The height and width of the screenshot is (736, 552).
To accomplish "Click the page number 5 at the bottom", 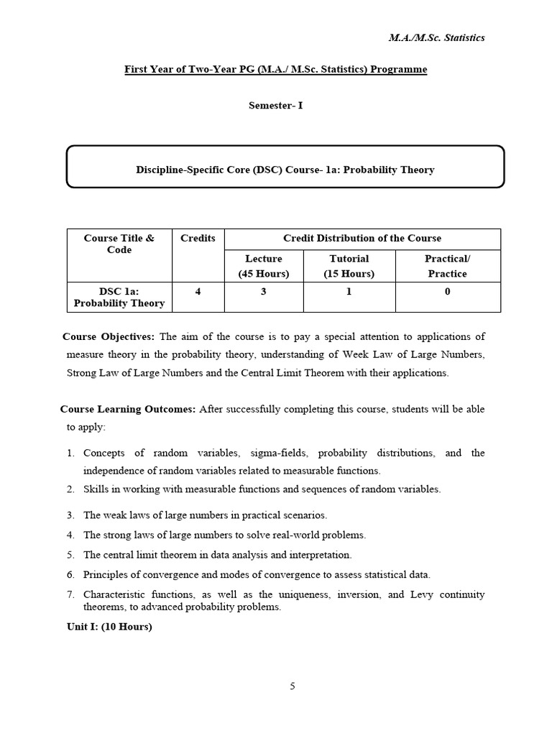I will pos(292,686).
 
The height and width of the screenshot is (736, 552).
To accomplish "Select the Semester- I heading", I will pos(275,105).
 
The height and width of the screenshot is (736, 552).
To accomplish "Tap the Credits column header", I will pos(198,239).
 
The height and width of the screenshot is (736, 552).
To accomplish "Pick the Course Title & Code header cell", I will pos(119,244).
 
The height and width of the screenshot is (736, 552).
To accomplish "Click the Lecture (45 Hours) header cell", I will pos(264,265).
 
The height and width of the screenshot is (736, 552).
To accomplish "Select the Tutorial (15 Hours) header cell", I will pos(349,265).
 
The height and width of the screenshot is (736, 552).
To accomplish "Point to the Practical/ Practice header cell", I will pos(447,265).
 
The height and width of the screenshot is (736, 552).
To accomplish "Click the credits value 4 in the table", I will pos(198,291).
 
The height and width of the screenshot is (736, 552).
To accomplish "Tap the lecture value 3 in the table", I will pos(264,291).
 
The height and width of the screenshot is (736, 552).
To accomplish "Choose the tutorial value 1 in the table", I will pos(349,291).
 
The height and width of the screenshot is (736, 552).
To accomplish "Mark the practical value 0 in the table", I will pos(447,291).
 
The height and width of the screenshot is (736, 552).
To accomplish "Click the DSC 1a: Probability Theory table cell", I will pos(119,297).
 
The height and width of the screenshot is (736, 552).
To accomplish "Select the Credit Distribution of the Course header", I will pos(362,239).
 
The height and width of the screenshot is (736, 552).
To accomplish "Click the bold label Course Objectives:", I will pos(109,336).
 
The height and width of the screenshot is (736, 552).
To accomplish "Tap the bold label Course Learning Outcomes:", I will pos(128,409).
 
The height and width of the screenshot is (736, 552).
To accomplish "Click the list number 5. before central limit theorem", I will pos(71,555).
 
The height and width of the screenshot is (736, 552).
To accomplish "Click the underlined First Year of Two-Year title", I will pos(276,69).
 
